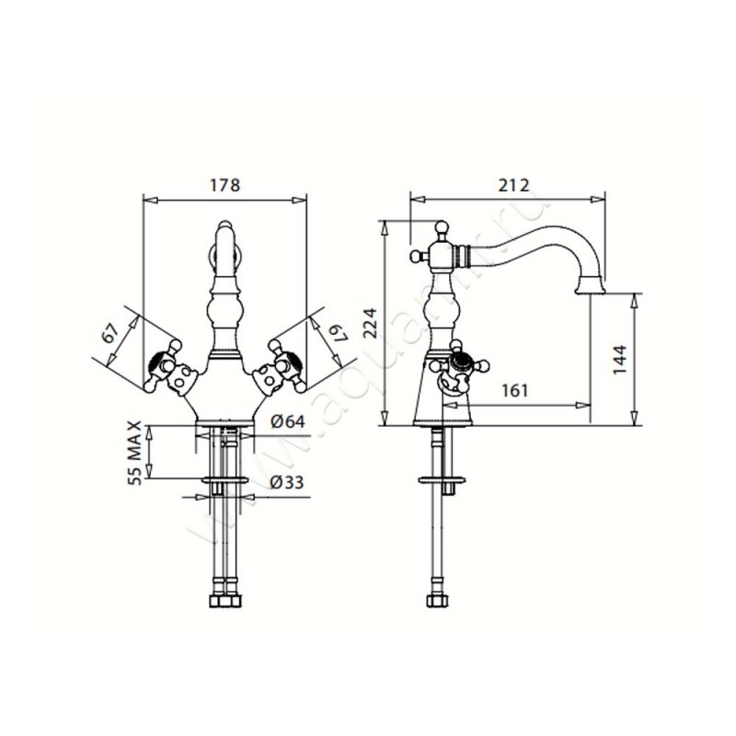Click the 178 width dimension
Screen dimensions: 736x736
tap(224, 185)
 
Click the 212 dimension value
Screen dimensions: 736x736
tap(513, 185)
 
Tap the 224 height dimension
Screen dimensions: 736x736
tap(371, 323)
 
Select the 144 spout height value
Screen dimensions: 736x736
tap(620, 360)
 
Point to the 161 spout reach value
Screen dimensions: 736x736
tap(515, 390)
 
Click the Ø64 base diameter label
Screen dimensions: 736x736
tap(287, 421)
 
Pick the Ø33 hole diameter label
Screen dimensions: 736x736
tap(287, 482)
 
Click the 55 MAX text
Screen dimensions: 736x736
tap(134, 453)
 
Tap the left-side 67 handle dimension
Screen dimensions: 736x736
tap(110, 334)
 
